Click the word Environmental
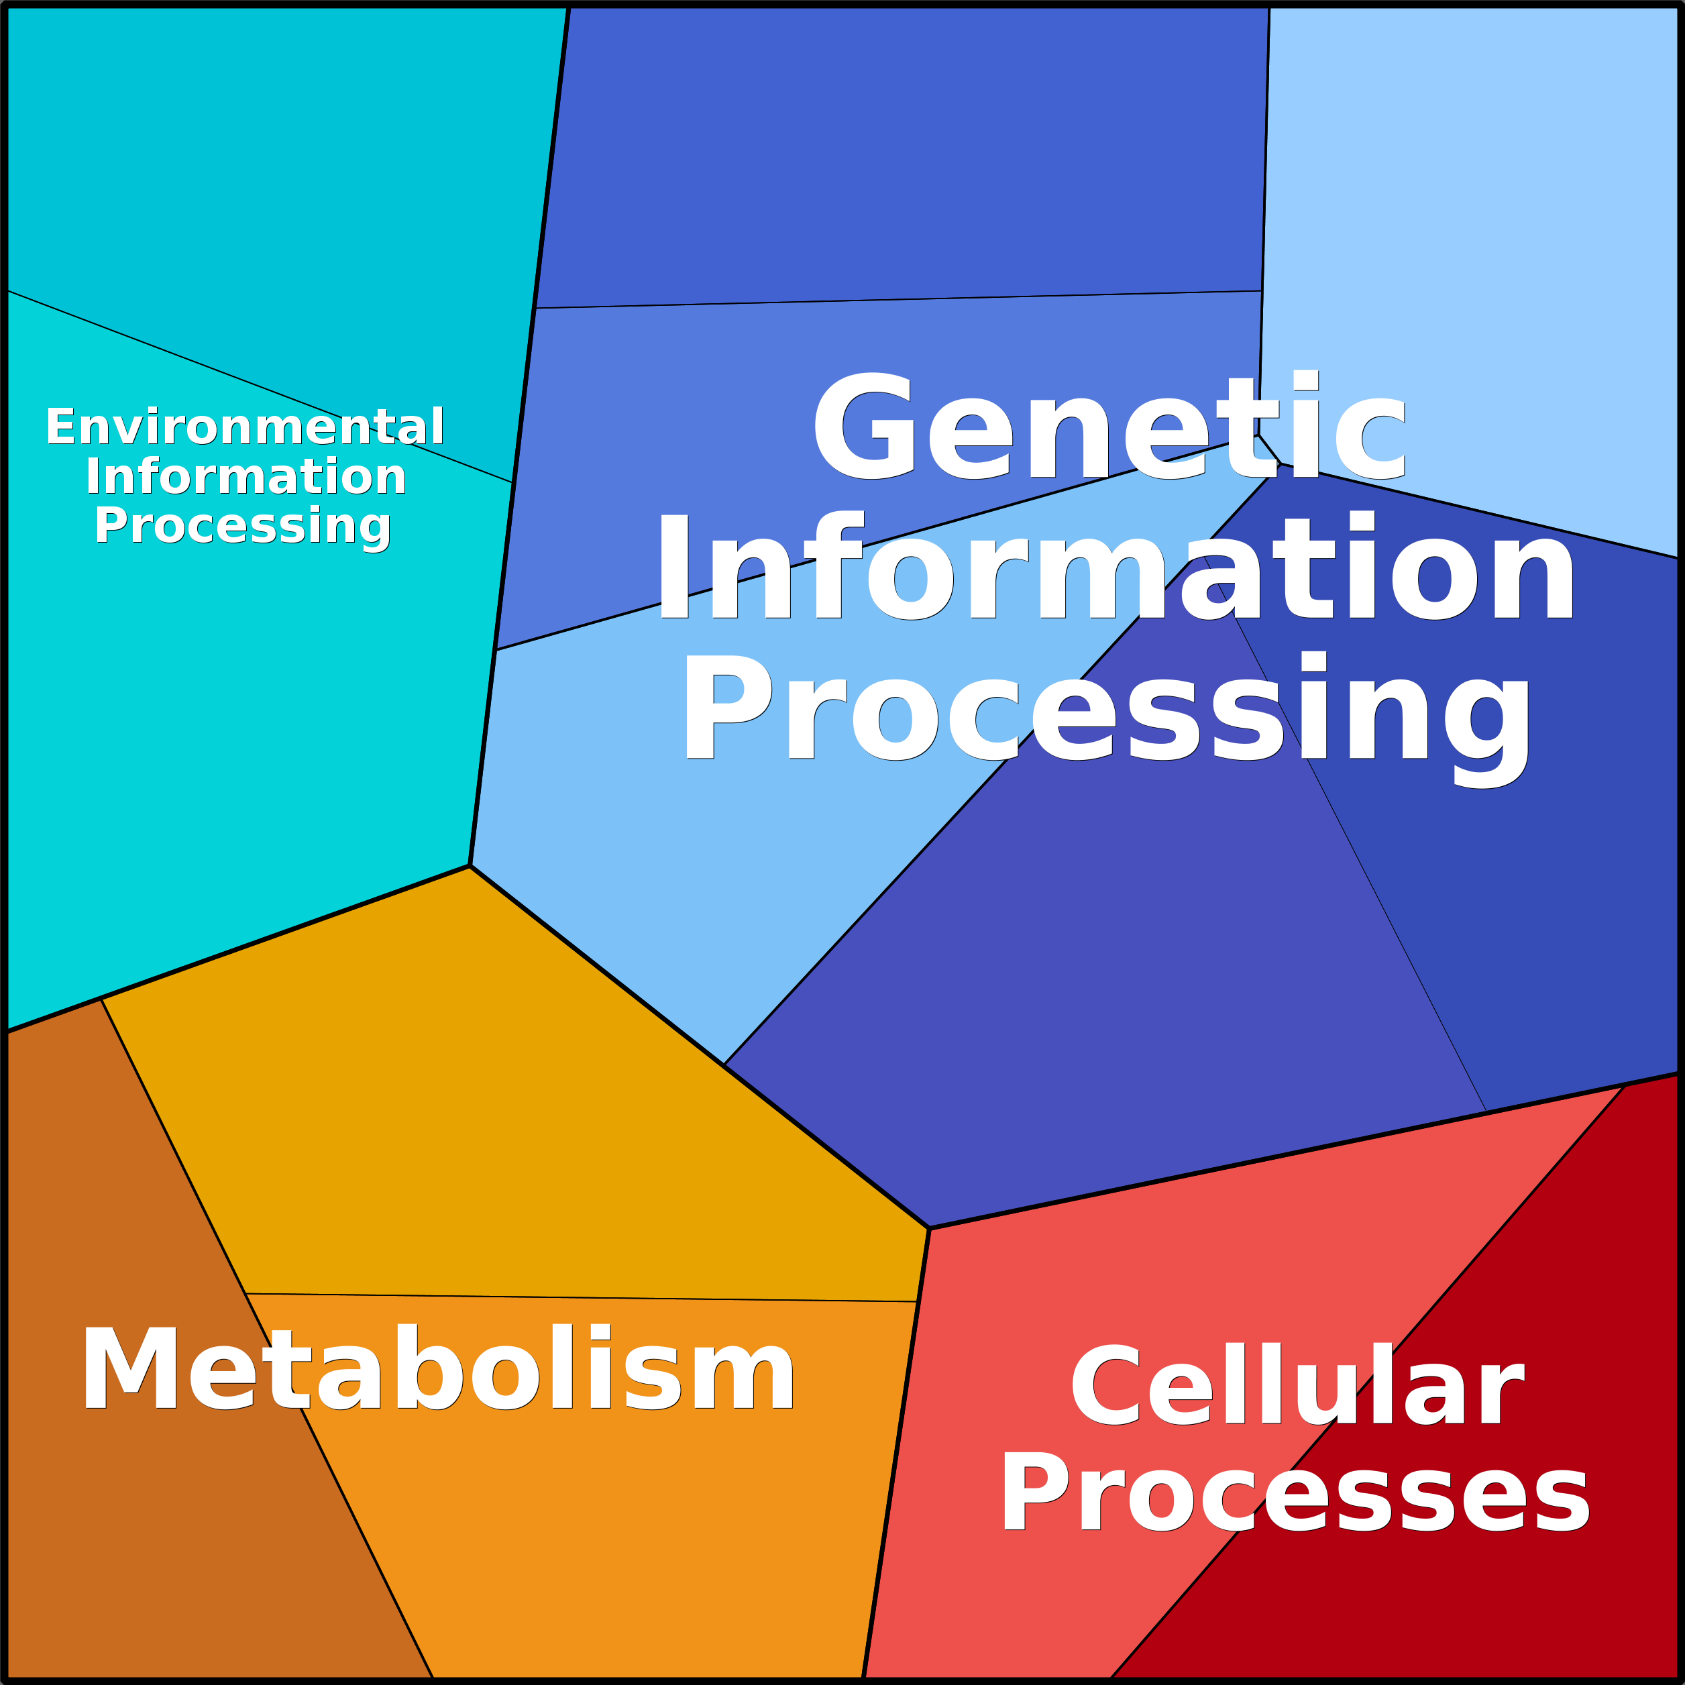click(x=245, y=427)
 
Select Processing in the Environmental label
click(x=243, y=527)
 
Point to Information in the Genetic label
click(x=1116, y=565)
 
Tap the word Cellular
click(x=1297, y=1386)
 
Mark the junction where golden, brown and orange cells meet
click(x=246, y=1293)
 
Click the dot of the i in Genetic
click(x=1305, y=380)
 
